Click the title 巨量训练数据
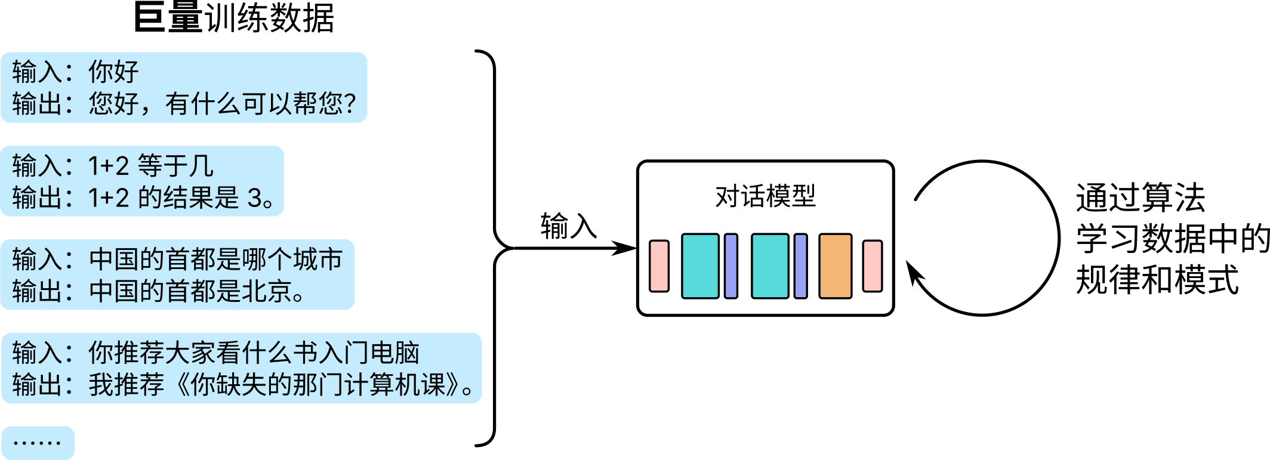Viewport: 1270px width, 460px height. point(234,18)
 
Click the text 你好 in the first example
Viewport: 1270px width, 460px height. point(113,72)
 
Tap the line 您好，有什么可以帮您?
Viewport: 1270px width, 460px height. point(222,104)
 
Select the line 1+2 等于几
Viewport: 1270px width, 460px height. point(150,166)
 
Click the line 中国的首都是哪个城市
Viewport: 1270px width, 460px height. point(215,260)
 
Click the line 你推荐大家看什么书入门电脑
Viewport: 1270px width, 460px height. point(254,353)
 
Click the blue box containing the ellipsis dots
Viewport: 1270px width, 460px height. point(38,443)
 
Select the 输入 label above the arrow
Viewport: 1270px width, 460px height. point(568,226)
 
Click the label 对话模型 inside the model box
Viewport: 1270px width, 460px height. point(765,196)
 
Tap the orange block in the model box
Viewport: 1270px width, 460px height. point(835,266)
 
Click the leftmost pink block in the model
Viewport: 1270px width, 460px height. point(659,266)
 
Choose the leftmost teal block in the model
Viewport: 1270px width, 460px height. point(700,266)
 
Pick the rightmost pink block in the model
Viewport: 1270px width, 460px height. point(872,266)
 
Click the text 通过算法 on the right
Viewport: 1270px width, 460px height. point(1140,198)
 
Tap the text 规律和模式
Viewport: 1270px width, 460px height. point(1157,280)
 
